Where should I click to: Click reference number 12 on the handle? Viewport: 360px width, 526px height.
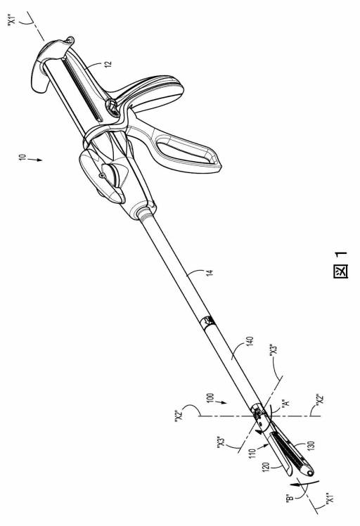108,64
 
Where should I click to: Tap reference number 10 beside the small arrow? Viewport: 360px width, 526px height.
22,158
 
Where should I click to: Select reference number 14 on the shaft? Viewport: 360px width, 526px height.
210,272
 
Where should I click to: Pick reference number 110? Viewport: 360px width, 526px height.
252,453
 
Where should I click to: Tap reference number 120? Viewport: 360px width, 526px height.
266,468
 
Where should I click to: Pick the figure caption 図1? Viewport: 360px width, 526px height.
340,265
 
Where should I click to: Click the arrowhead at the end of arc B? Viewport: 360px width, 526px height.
295,484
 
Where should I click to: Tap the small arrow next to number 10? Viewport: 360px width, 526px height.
37,160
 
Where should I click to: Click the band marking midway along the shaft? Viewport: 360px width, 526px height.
207,321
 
